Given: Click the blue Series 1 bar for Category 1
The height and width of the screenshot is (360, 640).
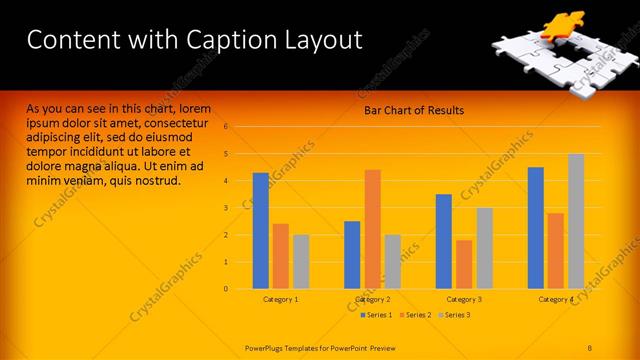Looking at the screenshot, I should (260, 231).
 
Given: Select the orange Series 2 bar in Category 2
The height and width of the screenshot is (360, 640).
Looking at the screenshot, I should (372, 229).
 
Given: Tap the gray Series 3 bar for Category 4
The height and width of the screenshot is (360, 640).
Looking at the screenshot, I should (576, 221).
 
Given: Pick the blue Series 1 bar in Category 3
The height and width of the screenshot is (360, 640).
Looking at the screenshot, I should (444, 241).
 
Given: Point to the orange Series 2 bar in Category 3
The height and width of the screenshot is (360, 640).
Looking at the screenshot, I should (464, 264).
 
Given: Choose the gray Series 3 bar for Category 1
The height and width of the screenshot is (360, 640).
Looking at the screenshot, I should (301, 262).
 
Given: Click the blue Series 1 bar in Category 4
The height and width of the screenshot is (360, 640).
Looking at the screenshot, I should (536, 228).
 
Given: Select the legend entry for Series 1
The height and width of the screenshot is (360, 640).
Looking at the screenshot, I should (376, 315).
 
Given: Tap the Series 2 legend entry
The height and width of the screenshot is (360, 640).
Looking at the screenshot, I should (415, 315).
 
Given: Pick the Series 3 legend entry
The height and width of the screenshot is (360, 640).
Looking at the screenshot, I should (454, 315).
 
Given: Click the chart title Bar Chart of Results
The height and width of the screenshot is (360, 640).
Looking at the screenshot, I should (414, 110).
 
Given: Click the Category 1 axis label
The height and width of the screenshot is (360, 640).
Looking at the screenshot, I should (281, 300).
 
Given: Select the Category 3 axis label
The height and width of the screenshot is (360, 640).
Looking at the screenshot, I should (464, 300).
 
